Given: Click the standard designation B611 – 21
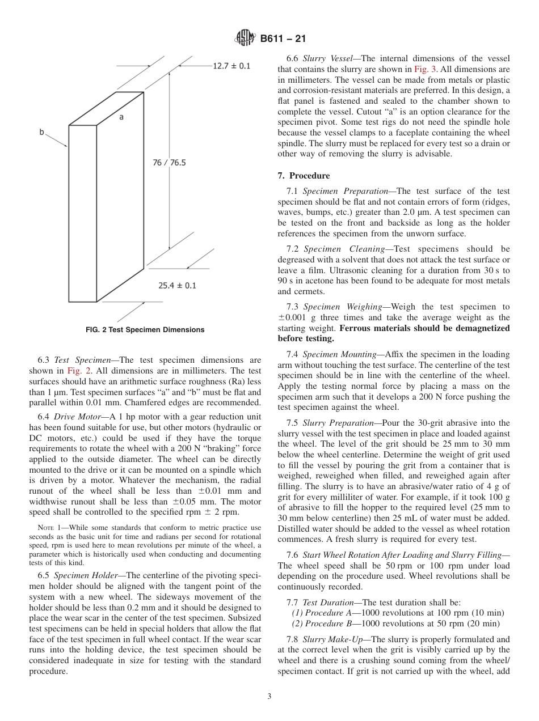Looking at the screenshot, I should (x=283, y=39).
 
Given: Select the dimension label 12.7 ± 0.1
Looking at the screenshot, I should (x=231, y=66).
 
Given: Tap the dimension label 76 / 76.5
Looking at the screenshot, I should (x=169, y=163).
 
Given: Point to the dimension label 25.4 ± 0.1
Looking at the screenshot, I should (x=177, y=285).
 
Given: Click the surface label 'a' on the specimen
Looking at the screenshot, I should (x=121, y=117).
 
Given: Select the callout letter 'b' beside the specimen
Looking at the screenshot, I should (x=41, y=132).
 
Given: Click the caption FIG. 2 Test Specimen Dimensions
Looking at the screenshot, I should (x=145, y=329).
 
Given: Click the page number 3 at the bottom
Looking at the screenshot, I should (x=269, y=696).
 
